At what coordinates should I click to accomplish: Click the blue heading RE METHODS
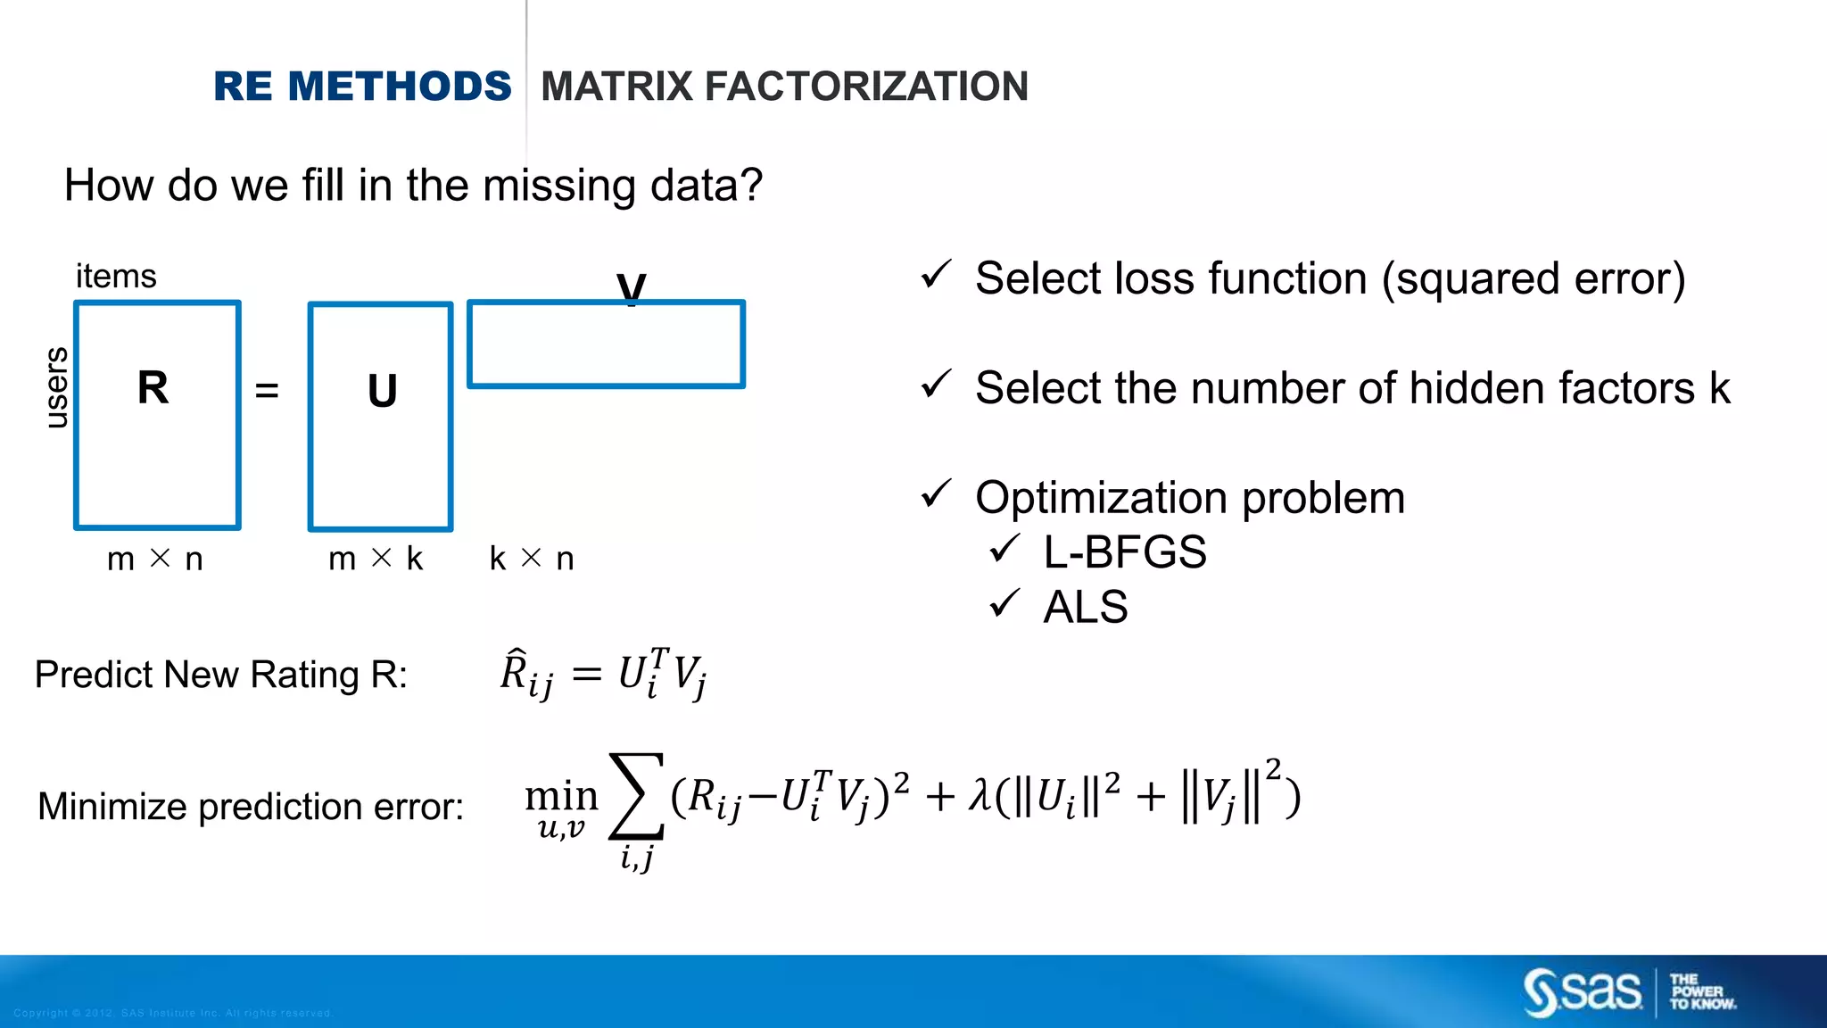coord(362,87)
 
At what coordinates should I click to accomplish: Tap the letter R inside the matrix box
coord(153,388)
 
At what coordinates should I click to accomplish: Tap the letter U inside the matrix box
coord(382,392)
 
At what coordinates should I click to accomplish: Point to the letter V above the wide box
coord(631,287)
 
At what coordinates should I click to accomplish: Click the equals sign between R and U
coord(267,391)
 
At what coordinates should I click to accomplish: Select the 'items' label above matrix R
coord(116,277)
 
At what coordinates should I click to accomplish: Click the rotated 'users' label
coord(56,387)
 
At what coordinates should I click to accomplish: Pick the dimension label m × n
coord(155,560)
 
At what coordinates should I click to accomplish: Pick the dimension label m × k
coord(376,560)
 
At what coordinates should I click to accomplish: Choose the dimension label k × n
coord(532,560)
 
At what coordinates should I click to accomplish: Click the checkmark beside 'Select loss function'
coord(936,275)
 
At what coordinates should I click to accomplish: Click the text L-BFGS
coord(1124,552)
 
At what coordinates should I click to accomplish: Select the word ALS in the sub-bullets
coord(1086,608)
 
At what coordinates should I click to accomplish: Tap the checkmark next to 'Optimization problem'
coord(936,493)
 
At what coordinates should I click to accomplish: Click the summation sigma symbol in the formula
coord(636,795)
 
